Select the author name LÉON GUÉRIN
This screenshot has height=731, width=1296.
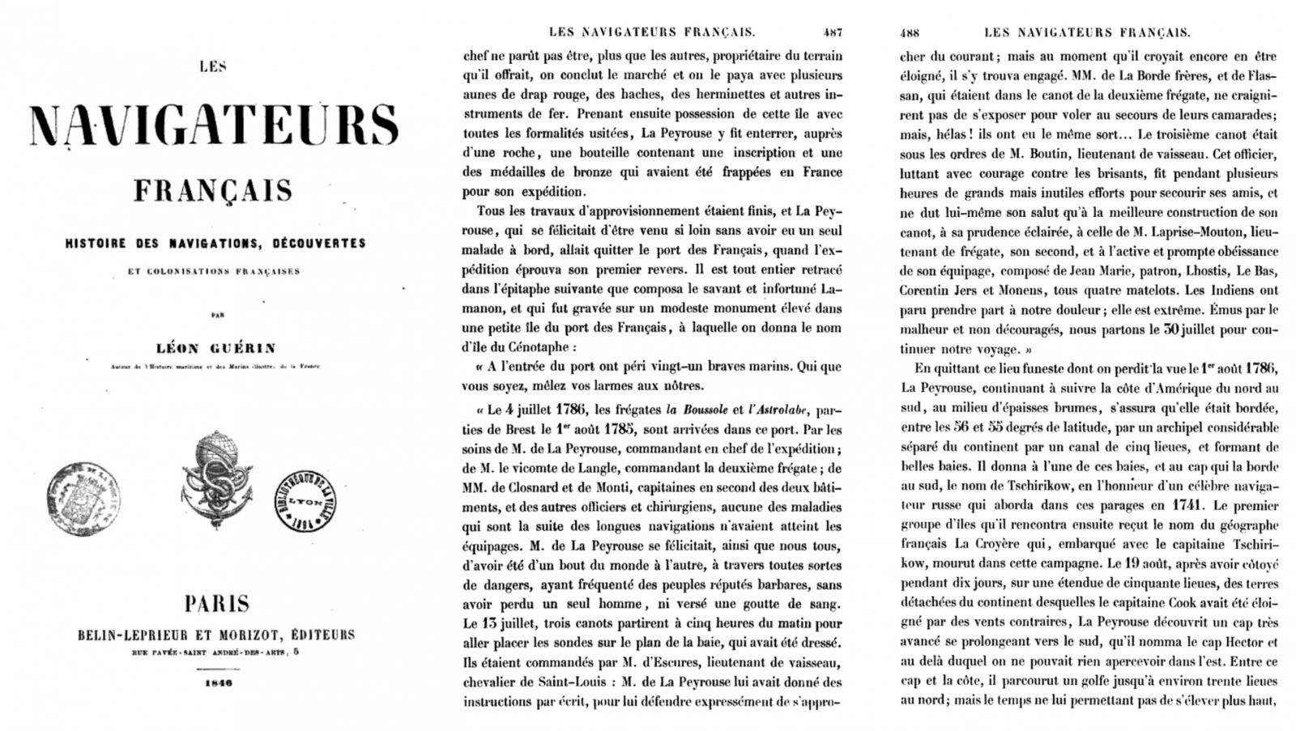216,348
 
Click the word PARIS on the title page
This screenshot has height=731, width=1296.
216,603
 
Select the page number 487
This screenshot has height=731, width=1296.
832,32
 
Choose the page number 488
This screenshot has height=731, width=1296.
910,32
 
